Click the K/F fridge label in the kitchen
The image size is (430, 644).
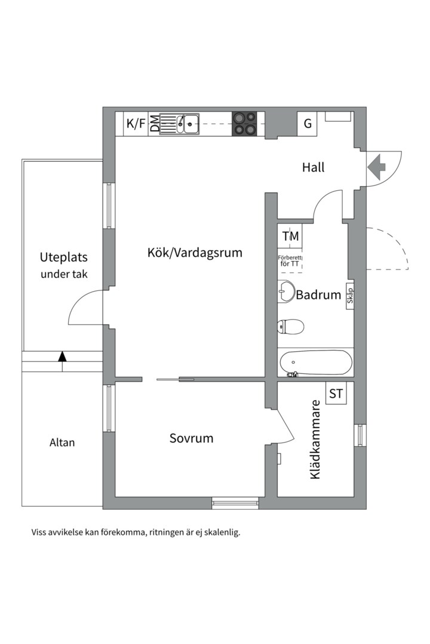coord(136,124)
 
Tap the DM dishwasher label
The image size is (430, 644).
coord(154,124)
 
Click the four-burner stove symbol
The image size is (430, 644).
coord(245,123)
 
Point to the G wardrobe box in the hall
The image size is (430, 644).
coord(308,124)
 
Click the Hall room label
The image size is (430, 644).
coord(313,168)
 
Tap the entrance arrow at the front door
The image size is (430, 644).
coord(376,167)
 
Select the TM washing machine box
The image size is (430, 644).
coord(290,236)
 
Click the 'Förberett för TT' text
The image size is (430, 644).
coord(290,261)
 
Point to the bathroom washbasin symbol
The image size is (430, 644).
coord(287,292)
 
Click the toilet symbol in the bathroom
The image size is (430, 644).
coord(291,326)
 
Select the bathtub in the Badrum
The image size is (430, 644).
coord(316,363)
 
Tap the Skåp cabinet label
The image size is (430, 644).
coord(350,295)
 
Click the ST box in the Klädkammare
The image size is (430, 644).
coord(336,394)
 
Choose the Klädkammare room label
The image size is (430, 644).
coord(315,439)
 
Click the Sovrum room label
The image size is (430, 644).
coord(191,438)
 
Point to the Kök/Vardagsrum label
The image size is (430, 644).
coord(195,252)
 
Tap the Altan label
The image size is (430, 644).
coord(62,442)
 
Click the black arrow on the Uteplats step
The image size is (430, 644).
coord(62,357)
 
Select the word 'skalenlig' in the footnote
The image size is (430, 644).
coord(222,532)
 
